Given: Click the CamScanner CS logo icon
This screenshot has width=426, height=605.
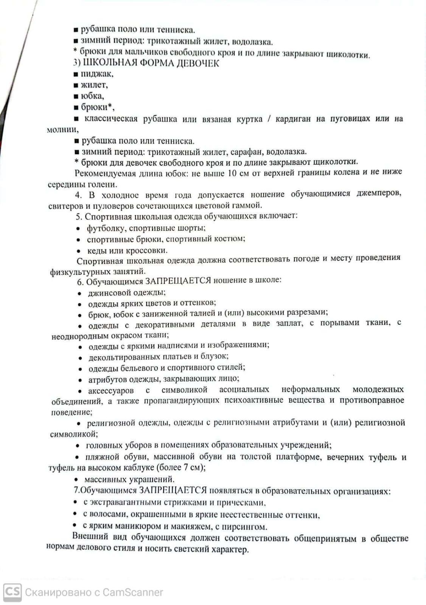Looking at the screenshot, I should pyautogui.click(x=12, y=592).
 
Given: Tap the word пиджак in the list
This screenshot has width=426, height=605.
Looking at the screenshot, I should pyautogui.click(x=97, y=74).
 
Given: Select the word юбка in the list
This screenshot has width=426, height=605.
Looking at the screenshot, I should pyautogui.click(x=92, y=96).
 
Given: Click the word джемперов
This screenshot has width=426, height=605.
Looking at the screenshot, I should pyautogui.click(x=378, y=193).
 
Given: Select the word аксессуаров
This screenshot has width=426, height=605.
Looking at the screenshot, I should pyautogui.click(x=111, y=390).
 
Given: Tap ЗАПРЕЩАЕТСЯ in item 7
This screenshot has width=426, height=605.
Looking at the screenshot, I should pyautogui.click(x=173, y=490).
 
